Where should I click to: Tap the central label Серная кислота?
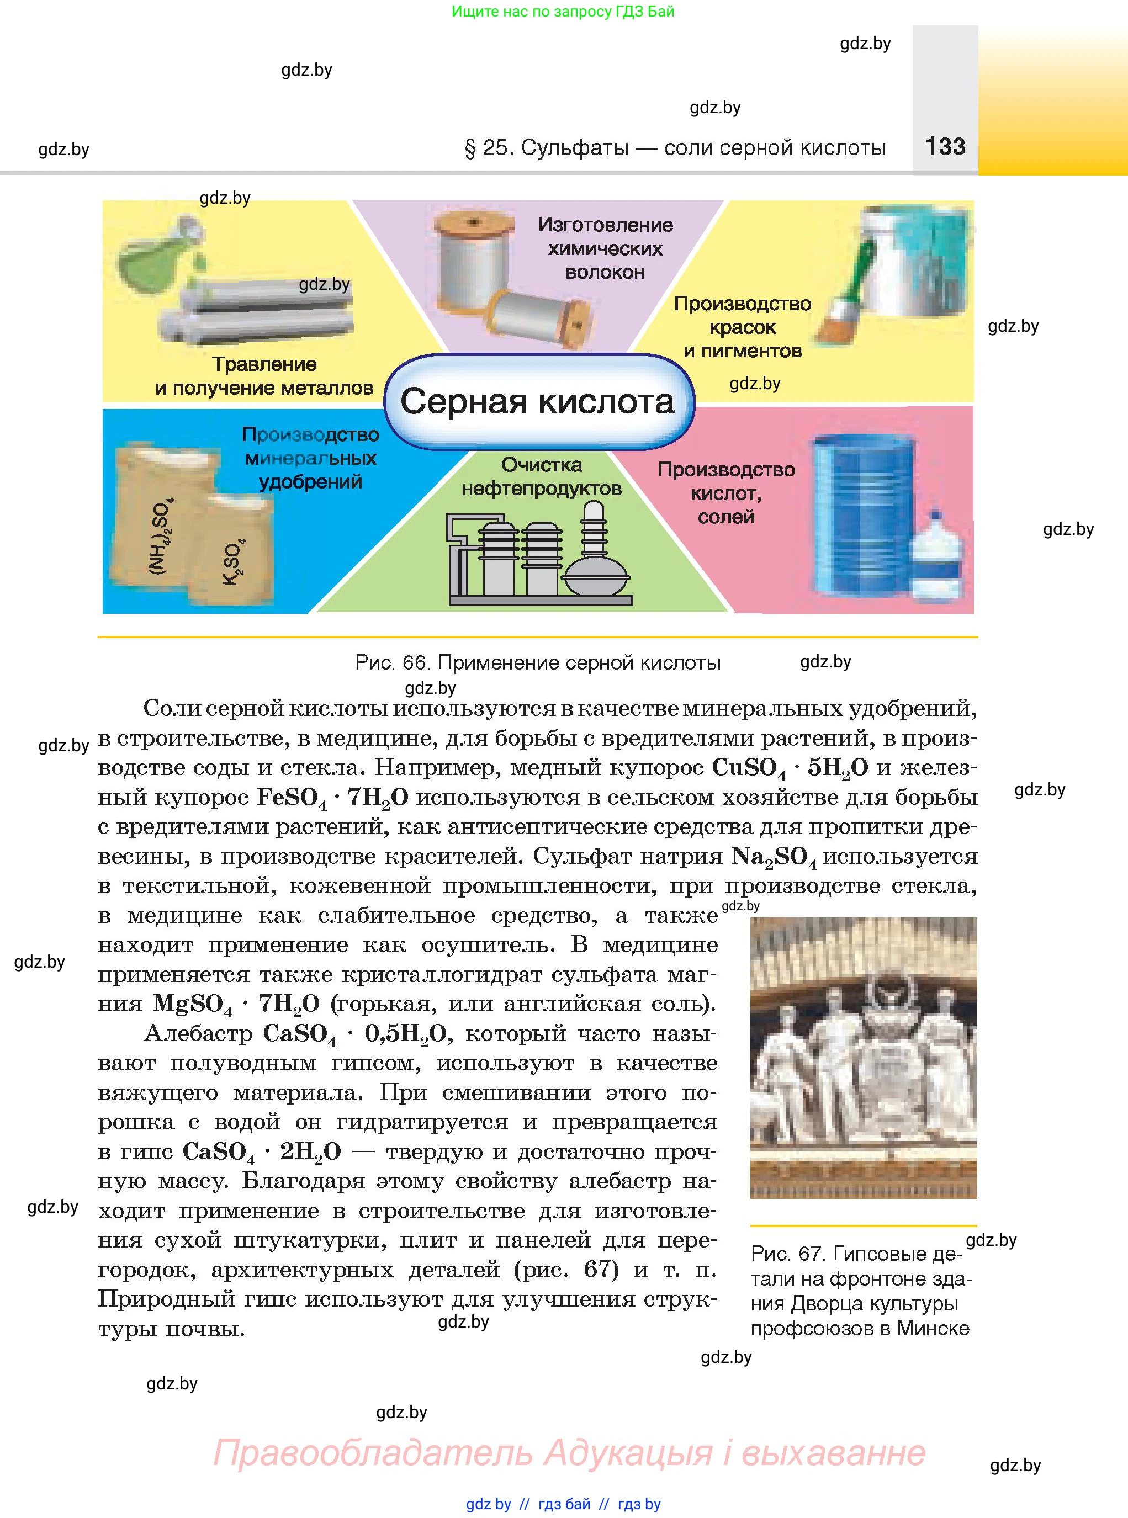pyautogui.click(x=537, y=401)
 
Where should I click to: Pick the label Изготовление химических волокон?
pyautogui.click(x=605, y=248)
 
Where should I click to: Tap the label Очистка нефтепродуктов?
pyautogui.click(x=542, y=476)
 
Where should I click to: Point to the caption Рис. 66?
pyautogui.click(x=537, y=662)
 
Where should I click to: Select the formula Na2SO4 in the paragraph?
pyautogui.click(x=773, y=857)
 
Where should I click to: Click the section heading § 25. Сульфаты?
pyautogui.click(x=675, y=147)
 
